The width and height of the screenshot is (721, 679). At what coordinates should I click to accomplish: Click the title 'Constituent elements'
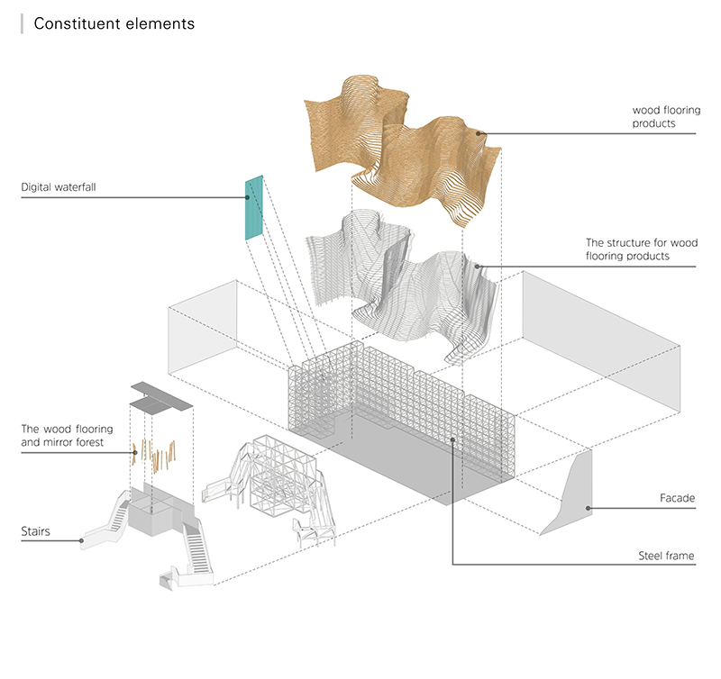click(114, 24)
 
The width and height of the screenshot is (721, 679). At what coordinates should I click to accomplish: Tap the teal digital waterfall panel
click(254, 207)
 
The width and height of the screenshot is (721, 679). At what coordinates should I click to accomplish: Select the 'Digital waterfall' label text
click(59, 188)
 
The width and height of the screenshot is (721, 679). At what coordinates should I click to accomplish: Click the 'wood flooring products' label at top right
click(666, 117)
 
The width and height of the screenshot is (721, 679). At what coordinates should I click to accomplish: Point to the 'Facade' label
click(677, 498)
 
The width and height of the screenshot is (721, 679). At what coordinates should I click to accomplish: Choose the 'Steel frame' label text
click(666, 556)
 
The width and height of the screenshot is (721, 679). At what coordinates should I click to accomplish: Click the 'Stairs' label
click(38, 531)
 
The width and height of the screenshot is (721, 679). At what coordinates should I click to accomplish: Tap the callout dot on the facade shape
click(588, 508)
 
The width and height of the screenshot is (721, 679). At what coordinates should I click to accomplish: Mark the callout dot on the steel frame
click(452, 439)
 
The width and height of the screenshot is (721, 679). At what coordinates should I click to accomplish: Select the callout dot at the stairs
click(82, 541)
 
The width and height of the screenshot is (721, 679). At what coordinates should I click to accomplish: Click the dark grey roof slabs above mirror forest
click(161, 394)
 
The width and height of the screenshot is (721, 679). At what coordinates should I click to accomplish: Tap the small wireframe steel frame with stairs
click(275, 486)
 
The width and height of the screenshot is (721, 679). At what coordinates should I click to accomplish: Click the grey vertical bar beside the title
click(22, 24)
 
